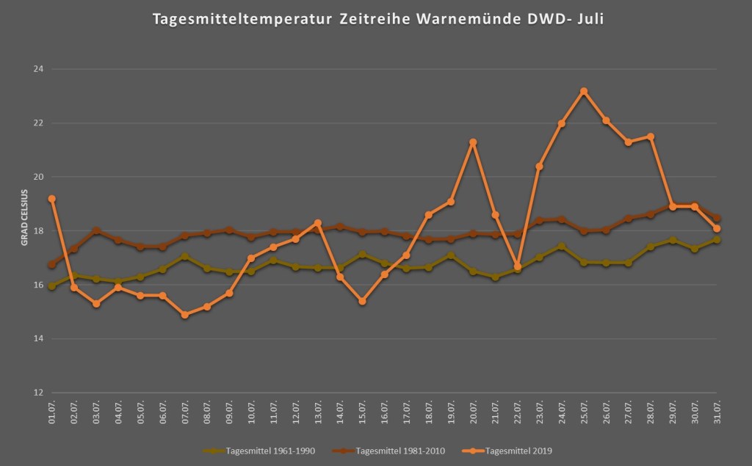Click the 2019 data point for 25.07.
click(584, 91)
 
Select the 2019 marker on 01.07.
click(51, 199)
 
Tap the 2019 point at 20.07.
click(473, 142)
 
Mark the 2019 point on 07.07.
click(185, 315)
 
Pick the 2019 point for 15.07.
click(362, 302)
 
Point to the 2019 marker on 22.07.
click(518, 266)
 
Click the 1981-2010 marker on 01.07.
click(51, 265)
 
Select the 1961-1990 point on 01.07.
click(51, 286)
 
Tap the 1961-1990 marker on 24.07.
click(562, 247)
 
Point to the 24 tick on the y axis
click(39, 69)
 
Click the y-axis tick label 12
click(39, 393)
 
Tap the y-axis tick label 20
click(39, 177)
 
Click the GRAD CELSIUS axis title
click(24, 216)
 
